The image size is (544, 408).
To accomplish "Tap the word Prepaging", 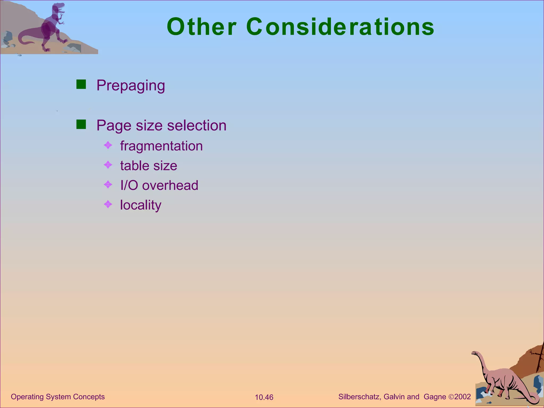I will coord(130,86).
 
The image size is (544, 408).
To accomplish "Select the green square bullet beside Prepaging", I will coord(81,84).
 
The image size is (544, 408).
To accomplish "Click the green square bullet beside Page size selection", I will coord(81,124).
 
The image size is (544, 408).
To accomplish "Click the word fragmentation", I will coord(161,146).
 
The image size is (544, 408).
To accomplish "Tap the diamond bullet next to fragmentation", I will coord(108,145).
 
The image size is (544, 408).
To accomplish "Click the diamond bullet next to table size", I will coord(108,165).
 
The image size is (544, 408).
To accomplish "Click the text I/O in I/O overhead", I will coord(129,185).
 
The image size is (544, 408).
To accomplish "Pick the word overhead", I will coord(170,185).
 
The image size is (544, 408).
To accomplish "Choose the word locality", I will coord(141,205).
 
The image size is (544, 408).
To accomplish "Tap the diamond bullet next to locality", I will coord(108,204).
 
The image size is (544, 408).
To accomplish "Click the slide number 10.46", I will coord(264,397).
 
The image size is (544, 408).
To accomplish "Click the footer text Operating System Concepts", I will coord(58,397).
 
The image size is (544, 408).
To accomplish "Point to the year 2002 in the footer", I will coord(462,397).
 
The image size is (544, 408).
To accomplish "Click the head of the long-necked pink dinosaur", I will coord(475,353).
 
